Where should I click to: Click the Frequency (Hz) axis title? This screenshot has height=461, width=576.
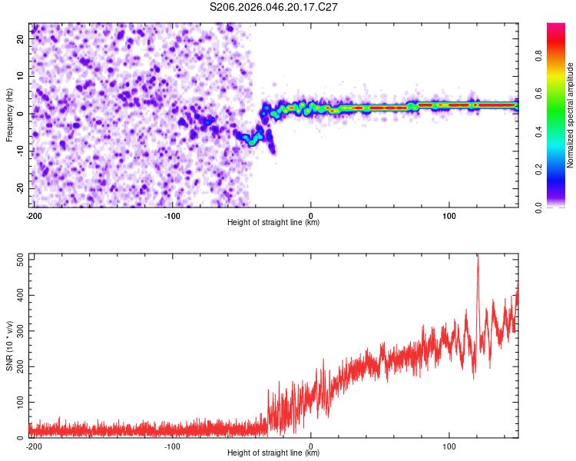click(x=9, y=115)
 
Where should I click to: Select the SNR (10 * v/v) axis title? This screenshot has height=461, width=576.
click(x=9, y=346)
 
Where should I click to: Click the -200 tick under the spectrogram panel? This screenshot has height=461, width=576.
click(x=33, y=215)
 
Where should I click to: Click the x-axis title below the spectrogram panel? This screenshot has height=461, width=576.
click(x=273, y=223)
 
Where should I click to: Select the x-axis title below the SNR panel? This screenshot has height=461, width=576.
click(x=273, y=453)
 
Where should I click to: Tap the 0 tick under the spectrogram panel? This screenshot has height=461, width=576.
click(x=310, y=215)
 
